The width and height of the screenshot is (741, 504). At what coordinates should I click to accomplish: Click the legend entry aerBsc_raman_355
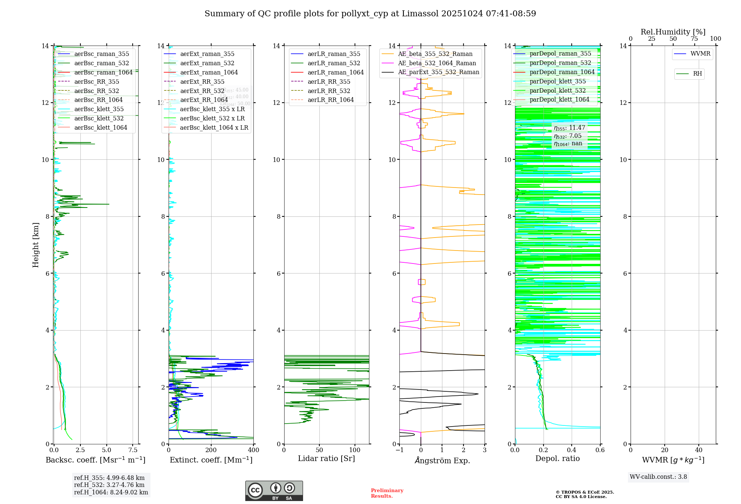click(x=102, y=54)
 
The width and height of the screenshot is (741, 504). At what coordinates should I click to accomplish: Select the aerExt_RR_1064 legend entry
click(x=204, y=100)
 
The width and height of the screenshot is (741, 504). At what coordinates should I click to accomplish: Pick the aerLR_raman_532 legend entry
click(x=333, y=63)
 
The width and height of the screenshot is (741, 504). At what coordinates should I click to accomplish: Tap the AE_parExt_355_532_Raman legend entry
click(x=438, y=72)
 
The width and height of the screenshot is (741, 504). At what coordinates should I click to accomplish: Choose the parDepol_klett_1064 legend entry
click(x=559, y=100)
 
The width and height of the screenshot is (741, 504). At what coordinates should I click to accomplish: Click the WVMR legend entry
click(x=700, y=54)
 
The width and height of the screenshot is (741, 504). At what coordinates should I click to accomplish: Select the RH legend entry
click(x=697, y=74)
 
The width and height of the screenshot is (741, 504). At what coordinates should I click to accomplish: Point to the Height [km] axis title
click(x=36, y=245)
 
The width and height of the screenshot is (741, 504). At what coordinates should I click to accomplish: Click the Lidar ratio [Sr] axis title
click(x=326, y=459)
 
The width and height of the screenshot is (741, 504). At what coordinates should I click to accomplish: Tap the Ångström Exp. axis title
click(x=442, y=461)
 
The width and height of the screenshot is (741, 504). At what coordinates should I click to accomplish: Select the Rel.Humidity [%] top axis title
click(x=673, y=32)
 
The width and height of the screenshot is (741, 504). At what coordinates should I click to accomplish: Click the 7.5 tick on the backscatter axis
click(x=133, y=450)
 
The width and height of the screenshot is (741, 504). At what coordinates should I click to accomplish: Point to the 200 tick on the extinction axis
click(x=211, y=450)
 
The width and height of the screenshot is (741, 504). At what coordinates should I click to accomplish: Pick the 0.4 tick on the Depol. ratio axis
click(x=572, y=450)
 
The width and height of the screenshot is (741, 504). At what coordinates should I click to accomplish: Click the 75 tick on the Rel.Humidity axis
click(x=694, y=39)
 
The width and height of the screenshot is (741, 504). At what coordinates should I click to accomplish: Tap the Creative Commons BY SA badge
click(x=274, y=491)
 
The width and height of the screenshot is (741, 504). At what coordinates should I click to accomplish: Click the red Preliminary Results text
click(x=387, y=493)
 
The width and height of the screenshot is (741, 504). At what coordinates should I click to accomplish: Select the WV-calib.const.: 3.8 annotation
click(x=658, y=477)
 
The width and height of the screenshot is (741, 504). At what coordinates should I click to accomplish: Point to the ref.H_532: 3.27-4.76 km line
click(x=109, y=485)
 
